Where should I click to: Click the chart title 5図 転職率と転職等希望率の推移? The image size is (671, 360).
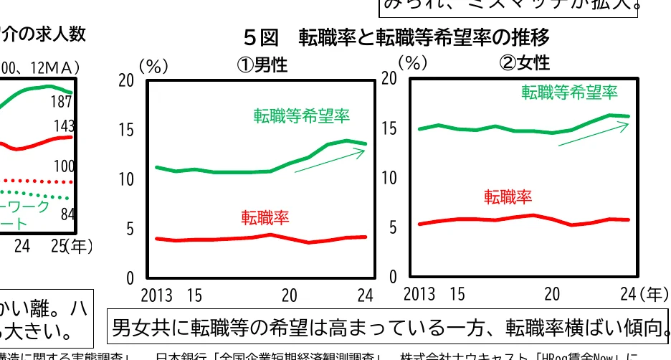(396, 36)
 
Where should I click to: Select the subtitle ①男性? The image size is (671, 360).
(262, 65)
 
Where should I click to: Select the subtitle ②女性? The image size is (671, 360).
(525, 63)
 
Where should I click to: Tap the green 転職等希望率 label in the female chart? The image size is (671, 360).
(569, 92)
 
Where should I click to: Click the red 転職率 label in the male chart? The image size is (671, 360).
(265, 217)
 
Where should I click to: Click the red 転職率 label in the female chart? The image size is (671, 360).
(508, 196)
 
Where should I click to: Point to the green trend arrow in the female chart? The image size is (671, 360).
(593, 134)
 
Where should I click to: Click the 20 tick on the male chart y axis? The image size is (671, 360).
(126, 81)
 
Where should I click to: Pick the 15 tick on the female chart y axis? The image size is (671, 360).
(389, 129)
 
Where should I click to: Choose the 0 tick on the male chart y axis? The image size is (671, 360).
(130, 278)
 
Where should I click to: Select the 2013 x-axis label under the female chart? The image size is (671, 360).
(419, 294)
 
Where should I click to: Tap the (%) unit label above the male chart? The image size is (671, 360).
(153, 66)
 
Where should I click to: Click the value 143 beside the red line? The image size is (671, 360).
(64, 127)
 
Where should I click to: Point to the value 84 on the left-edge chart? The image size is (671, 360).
(67, 214)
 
